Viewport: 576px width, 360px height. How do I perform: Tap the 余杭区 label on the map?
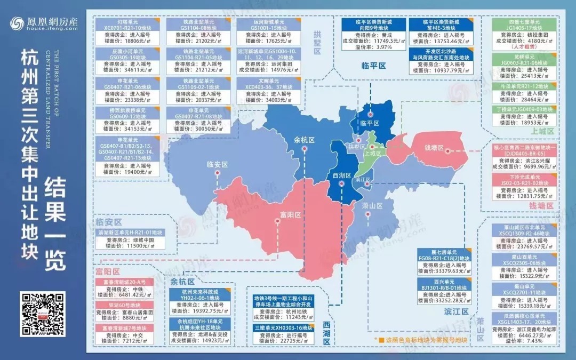(305, 140)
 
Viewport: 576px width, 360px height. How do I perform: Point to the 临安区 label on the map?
(217, 165)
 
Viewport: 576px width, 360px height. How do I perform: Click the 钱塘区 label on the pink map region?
(434, 147)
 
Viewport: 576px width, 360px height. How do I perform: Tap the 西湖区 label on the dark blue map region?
(341, 175)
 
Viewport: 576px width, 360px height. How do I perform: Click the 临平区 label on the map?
(369, 123)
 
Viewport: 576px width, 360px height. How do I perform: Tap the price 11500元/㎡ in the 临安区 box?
(127, 246)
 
